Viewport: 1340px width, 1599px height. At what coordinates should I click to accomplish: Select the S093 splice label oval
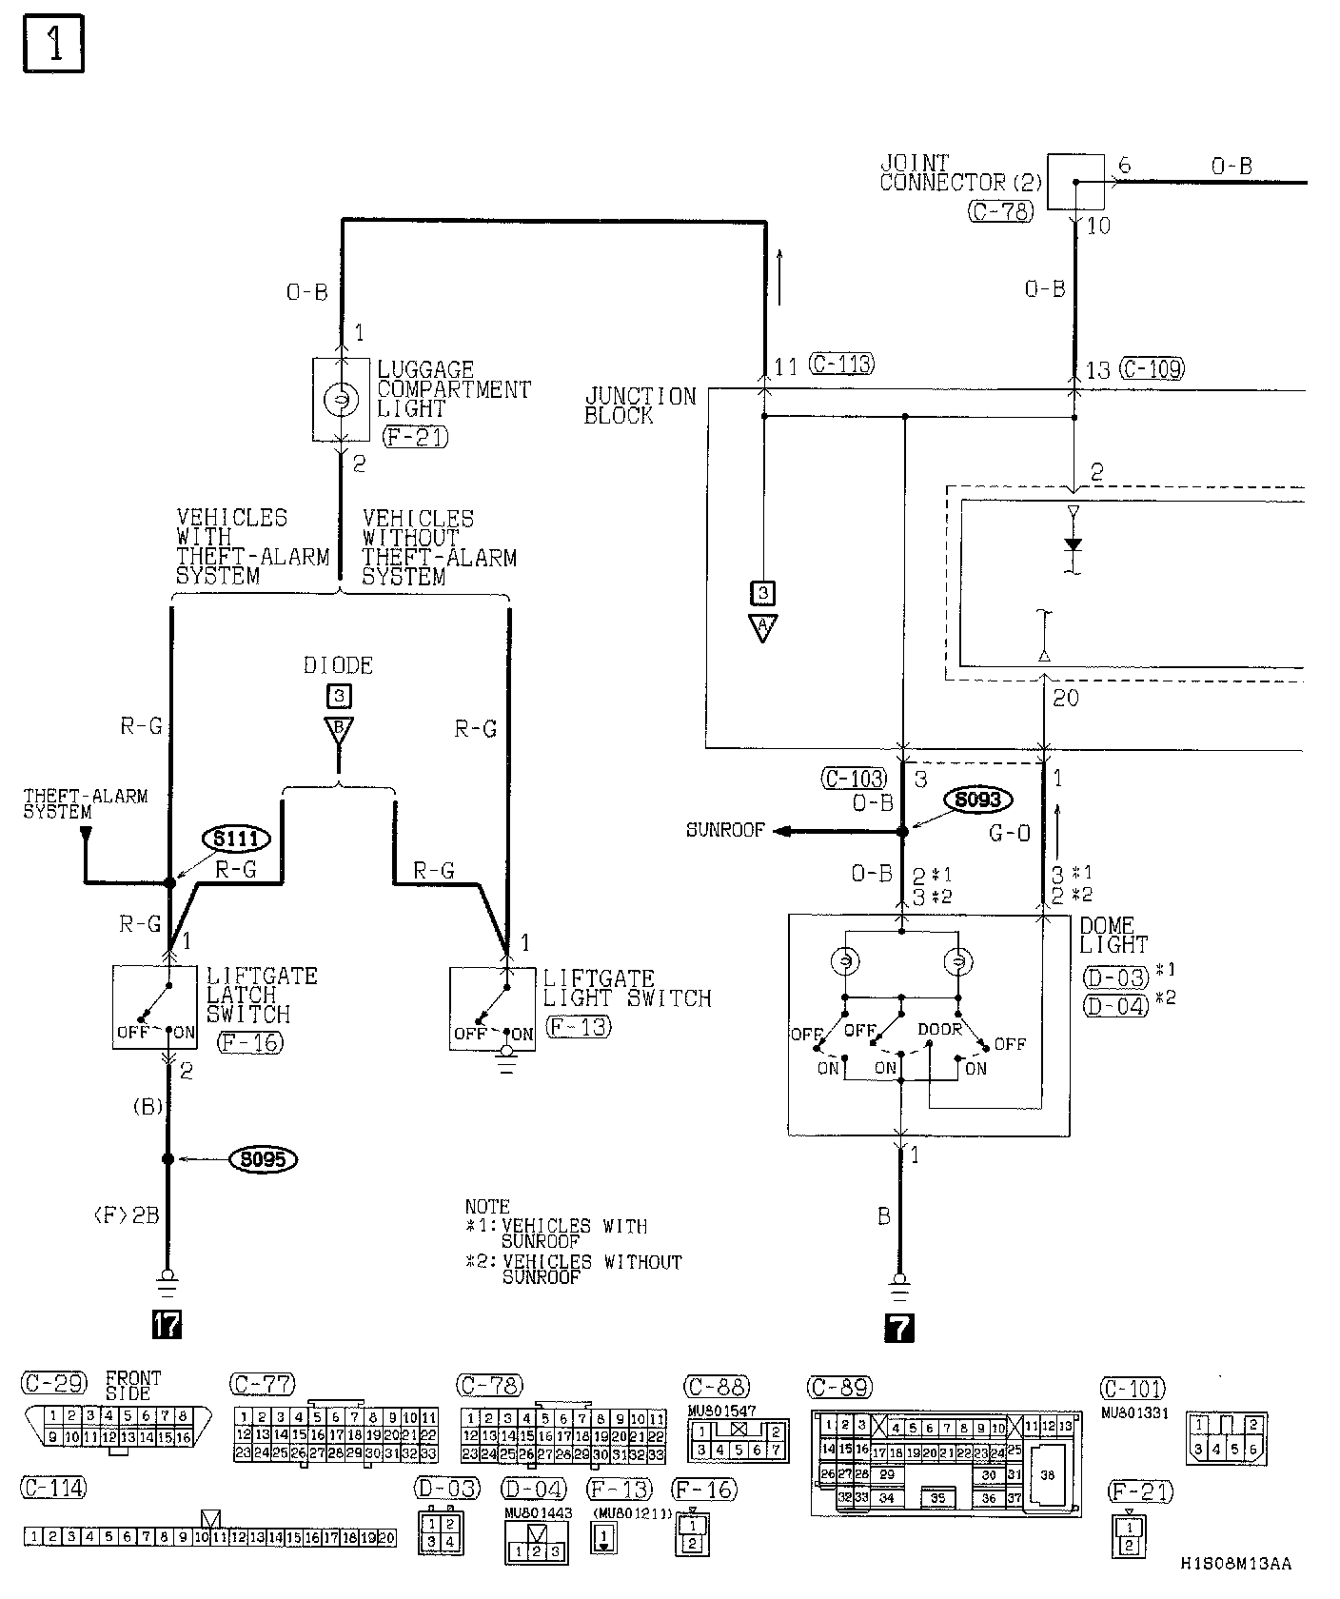(977, 799)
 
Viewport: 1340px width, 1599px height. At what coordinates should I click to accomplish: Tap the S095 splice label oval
(264, 1159)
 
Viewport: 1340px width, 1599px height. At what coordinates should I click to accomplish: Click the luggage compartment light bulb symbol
(341, 400)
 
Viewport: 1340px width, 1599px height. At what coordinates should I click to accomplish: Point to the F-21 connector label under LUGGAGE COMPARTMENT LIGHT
(415, 437)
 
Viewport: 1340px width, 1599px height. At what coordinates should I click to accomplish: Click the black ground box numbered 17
(167, 1324)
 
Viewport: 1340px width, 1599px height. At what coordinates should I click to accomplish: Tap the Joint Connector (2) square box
(1075, 181)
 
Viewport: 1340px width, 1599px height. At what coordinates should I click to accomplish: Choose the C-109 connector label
(1152, 368)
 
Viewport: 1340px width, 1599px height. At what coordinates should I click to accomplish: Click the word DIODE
(338, 665)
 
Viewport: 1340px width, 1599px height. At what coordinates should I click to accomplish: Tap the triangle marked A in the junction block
(762, 627)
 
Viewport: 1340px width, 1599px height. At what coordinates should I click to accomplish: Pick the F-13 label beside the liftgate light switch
(579, 1026)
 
